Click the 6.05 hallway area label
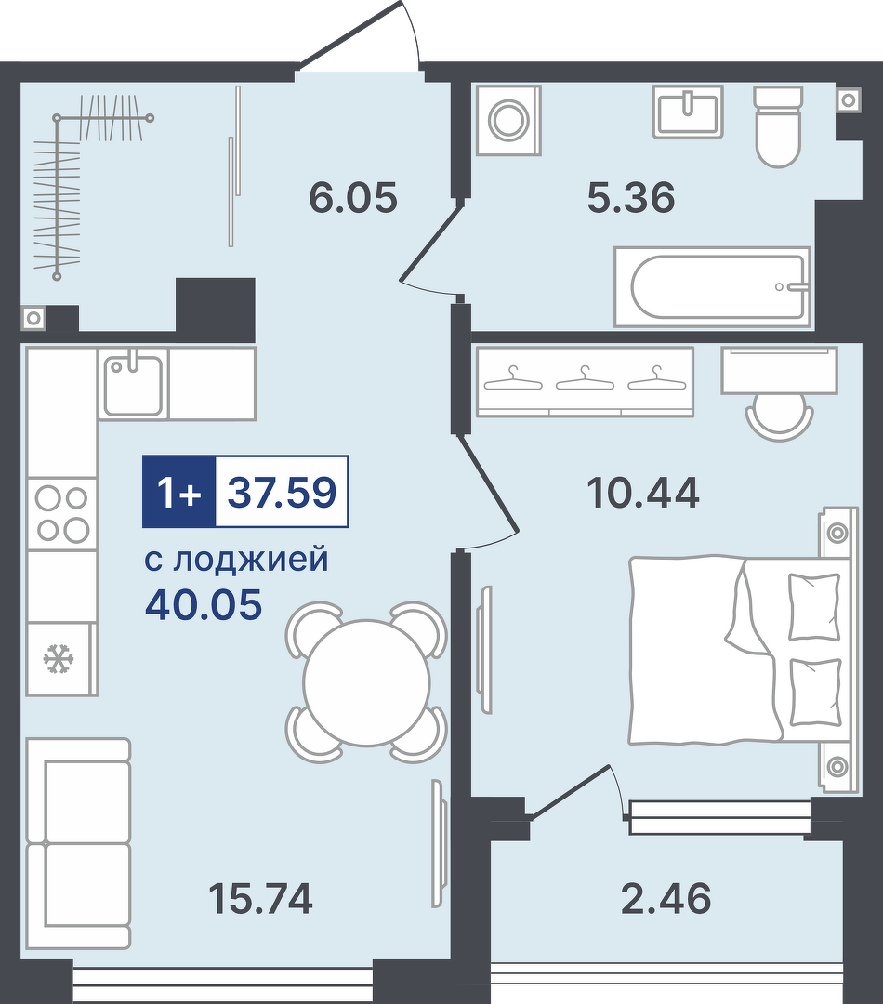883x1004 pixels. pos(353,197)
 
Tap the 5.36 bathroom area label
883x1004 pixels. pos(631,197)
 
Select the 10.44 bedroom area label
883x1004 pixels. pos(643,493)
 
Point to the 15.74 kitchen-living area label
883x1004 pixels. pos(260,898)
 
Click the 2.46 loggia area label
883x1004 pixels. pos(666,898)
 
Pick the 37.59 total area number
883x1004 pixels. pos(283,493)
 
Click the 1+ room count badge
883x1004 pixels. pos(179,493)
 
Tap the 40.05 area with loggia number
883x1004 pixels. pos(204,604)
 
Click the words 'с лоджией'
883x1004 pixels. pos(236,560)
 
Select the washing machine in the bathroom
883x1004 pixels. pos(509,120)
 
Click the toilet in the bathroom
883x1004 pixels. pos(778,126)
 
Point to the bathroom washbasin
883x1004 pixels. pos(689,112)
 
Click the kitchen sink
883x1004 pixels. pos(133,384)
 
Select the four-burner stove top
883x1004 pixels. pos(61,513)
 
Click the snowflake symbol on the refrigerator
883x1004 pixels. pos(59,659)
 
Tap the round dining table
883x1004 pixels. pos(367,682)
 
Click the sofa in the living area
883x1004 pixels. pos(78,842)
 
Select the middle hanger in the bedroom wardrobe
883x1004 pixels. pos(585,378)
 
